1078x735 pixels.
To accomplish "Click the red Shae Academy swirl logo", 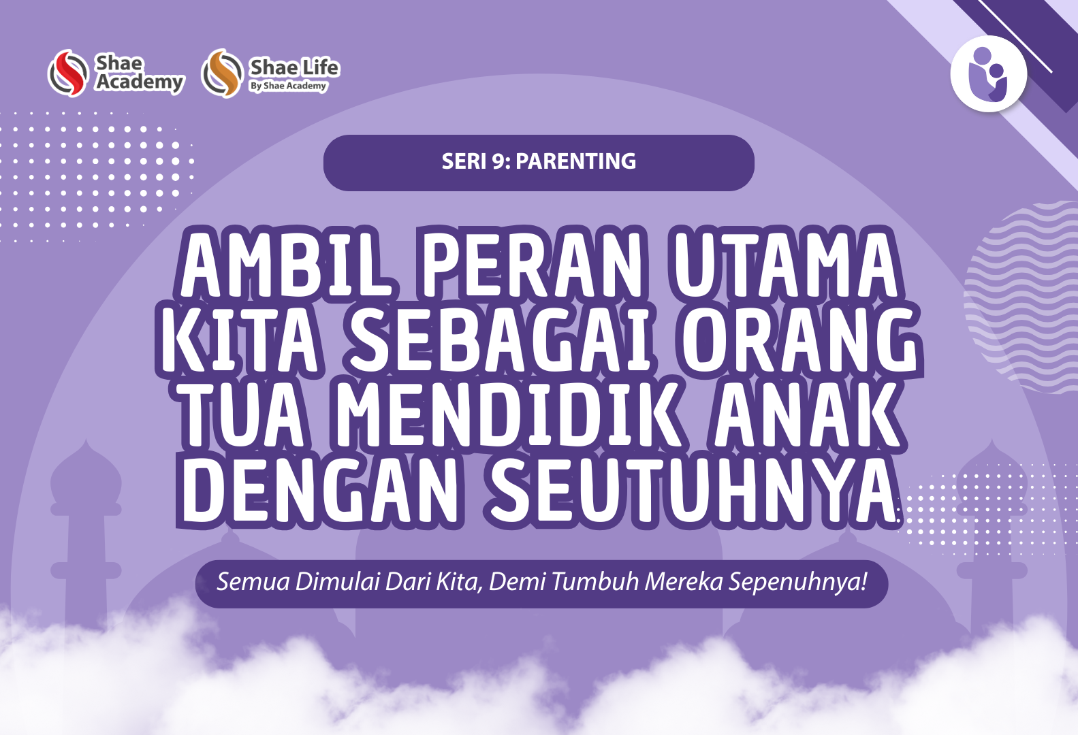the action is click(x=68, y=73).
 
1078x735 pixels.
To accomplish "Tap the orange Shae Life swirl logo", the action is click(x=222, y=73).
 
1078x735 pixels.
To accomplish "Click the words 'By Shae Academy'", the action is click(x=288, y=86).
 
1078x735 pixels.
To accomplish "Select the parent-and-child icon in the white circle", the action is click(x=989, y=74).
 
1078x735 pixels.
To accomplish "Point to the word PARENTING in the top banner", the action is click(x=575, y=161).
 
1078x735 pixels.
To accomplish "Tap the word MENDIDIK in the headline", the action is click(x=506, y=415).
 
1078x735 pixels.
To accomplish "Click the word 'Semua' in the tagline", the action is click(x=253, y=582).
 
